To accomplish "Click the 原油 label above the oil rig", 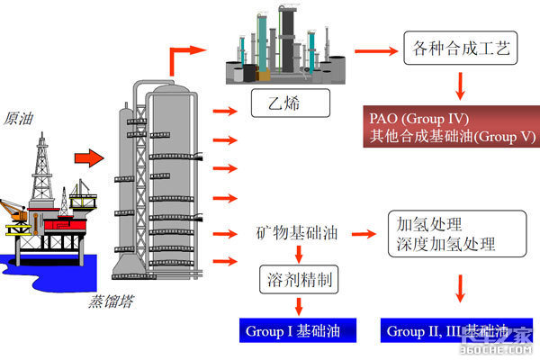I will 20,118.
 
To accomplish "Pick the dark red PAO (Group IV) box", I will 451,127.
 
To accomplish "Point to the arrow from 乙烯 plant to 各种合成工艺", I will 369,50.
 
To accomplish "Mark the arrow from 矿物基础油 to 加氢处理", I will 364,234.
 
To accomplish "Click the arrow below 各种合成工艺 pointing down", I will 460,85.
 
